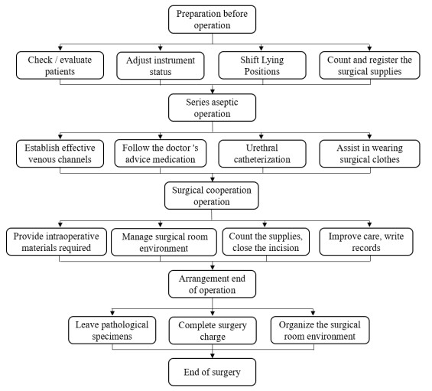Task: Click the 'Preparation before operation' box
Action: pos(212,19)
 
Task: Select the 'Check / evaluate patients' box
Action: pos(60,65)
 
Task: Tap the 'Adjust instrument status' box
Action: pos(161,66)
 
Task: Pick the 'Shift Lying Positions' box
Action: pos(262,65)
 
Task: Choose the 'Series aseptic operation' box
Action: pos(212,108)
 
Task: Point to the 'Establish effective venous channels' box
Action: pos(60,154)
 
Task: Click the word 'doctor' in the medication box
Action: pos(176,148)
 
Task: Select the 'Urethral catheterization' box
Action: pos(262,154)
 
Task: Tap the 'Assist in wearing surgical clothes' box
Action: pos(370,154)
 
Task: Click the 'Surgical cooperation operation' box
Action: pos(212,196)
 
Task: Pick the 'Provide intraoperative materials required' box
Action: pos(57,242)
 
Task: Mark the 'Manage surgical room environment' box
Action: pos(164,242)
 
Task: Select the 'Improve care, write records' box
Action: pos(366,242)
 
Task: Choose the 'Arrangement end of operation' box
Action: pos(212,284)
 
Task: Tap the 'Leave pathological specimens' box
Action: pos(112,330)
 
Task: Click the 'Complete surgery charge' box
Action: pos(213,331)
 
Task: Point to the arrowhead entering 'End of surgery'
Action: pos(213,356)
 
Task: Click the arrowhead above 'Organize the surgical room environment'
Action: pos(313,313)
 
